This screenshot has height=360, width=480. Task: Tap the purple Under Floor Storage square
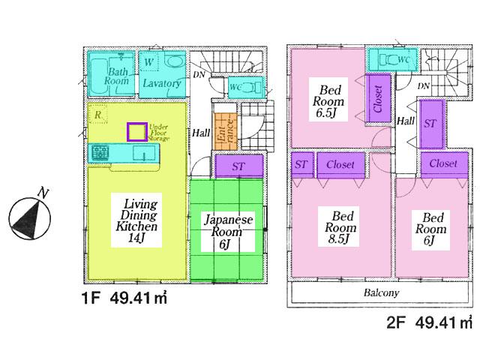(136, 133)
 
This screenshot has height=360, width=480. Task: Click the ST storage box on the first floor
(239, 166)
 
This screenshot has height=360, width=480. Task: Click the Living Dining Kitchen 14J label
(135, 220)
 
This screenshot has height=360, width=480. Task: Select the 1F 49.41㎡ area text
(124, 298)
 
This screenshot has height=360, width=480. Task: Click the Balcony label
(381, 293)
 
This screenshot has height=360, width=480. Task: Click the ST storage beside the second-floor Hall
(430, 123)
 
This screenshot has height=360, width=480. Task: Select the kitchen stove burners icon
(100, 154)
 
